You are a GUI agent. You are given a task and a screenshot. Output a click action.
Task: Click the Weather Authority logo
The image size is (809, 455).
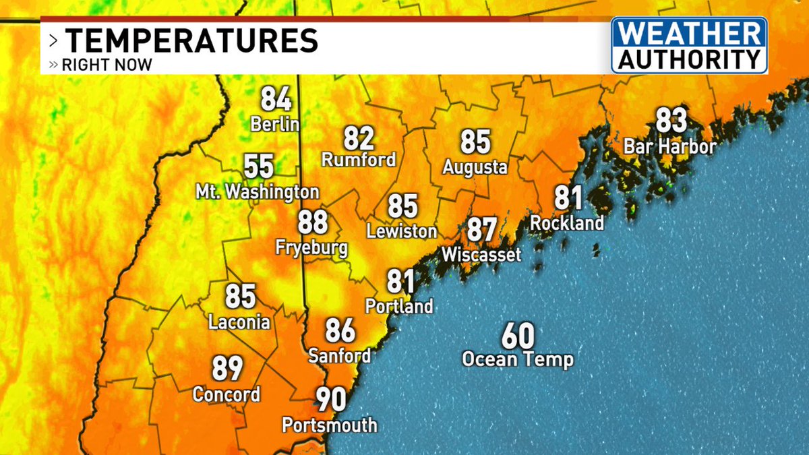pos(689,44)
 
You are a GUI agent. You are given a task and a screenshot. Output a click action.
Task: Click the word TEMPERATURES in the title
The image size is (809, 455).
pos(191,40)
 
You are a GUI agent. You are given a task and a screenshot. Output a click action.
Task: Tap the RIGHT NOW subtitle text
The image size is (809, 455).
pos(107,65)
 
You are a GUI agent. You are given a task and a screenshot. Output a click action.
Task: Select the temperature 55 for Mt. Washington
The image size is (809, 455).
pos(259,166)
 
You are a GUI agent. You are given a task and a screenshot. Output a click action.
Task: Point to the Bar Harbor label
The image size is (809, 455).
pos(669,146)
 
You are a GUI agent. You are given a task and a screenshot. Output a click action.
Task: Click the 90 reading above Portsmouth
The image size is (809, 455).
pos(332,400)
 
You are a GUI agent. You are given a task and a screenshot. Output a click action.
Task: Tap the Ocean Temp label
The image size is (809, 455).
pos(517,359)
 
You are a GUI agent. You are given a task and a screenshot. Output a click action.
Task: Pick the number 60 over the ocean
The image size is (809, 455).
pos(518,335)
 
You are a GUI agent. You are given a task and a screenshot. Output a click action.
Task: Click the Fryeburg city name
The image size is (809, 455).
pos(311,247)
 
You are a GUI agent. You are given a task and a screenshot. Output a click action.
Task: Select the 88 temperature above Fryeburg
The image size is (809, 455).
pos(313,222)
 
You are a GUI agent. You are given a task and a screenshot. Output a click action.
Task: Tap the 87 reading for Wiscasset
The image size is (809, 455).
pos(483,229)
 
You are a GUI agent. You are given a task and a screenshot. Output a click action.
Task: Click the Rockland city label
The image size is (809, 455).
pos(566,222)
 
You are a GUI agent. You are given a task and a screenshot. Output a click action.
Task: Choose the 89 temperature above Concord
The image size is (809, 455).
pos(228,369)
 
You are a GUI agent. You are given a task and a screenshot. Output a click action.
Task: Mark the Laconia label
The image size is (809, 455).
pos(239,322)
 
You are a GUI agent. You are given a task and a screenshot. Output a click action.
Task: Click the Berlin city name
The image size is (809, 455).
pos(274,125)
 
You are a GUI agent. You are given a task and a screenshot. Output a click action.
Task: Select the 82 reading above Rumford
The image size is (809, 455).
pos(359,138)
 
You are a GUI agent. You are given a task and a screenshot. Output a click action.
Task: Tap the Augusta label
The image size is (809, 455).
pos(475,167)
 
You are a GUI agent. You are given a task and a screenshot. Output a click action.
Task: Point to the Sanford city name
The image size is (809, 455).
pos(339,355)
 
